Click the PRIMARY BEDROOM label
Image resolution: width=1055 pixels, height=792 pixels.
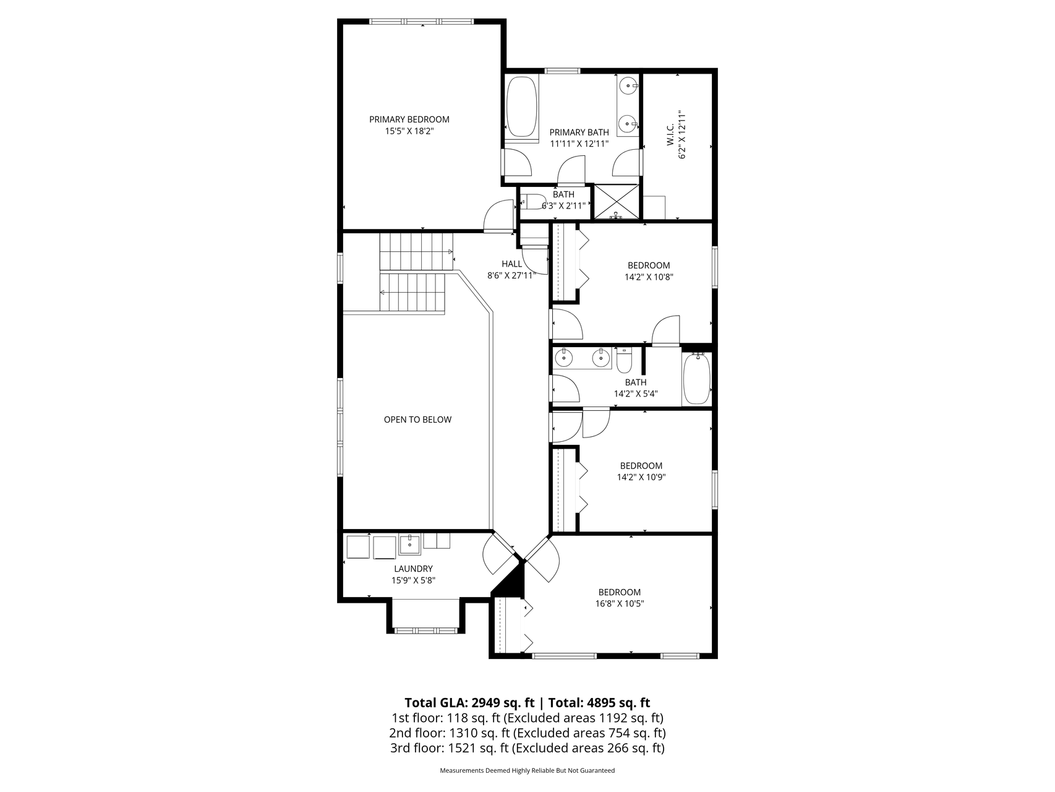click(409, 119)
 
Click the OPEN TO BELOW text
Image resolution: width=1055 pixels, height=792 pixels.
click(417, 420)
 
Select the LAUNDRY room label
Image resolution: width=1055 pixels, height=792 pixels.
click(413, 569)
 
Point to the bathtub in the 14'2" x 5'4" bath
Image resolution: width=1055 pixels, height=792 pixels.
click(696, 379)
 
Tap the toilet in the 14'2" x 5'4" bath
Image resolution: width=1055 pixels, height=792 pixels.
click(624, 361)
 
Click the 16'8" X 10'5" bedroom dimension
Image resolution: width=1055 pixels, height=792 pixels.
click(619, 604)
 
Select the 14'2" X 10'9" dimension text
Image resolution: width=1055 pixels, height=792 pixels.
click(641, 477)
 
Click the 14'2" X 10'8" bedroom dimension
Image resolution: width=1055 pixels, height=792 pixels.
click(648, 277)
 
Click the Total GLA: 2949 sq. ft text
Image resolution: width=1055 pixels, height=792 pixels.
click(469, 703)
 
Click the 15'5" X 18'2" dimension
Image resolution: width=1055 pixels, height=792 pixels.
click(409, 131)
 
